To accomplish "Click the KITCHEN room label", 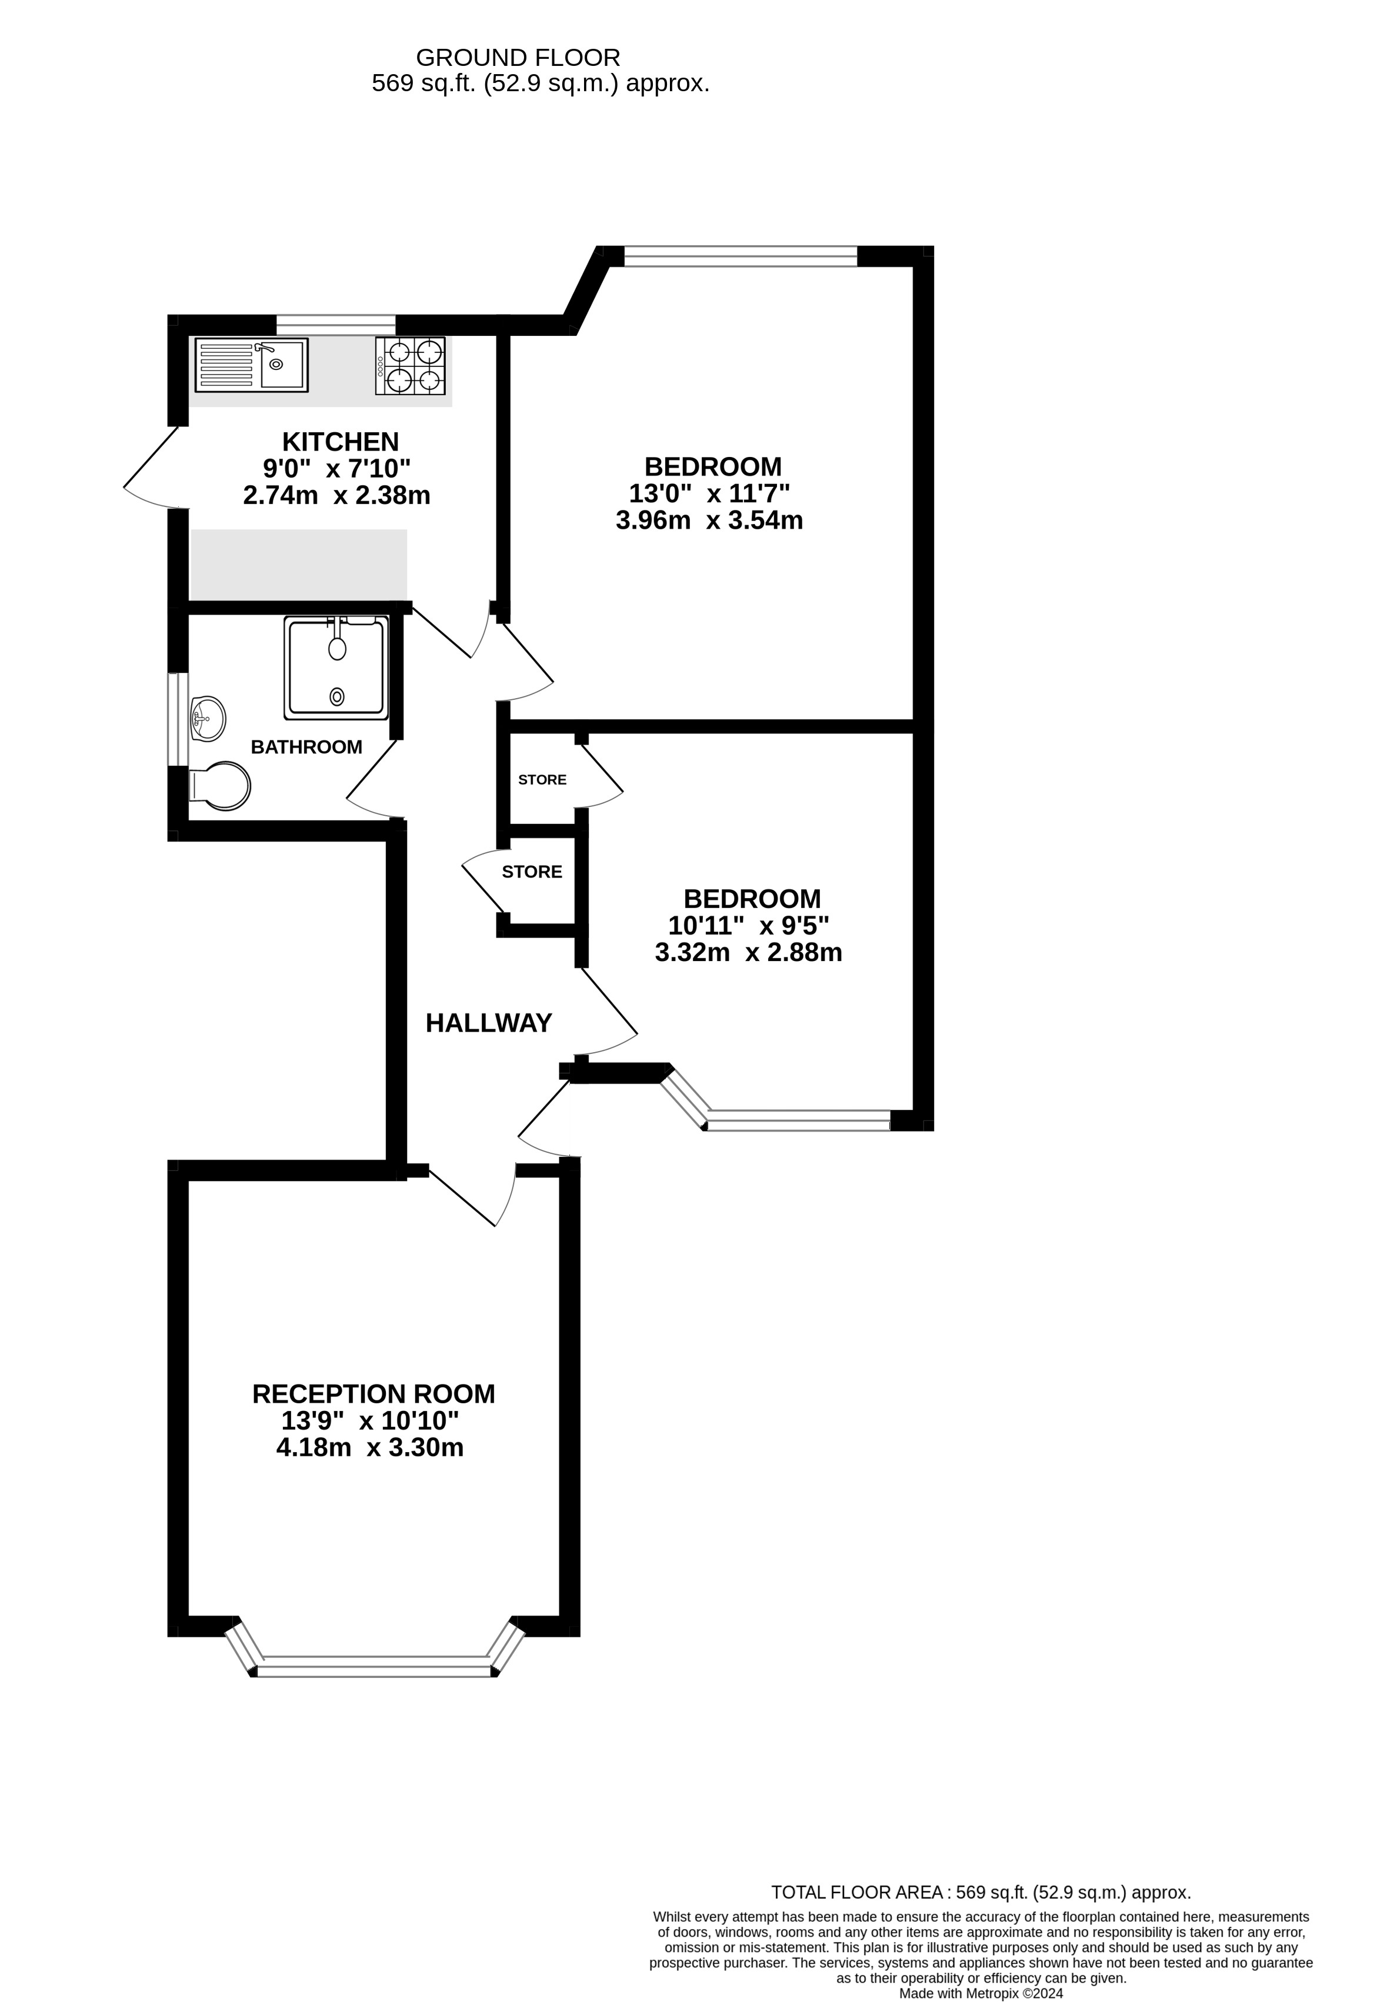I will point(341,442).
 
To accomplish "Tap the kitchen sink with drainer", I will point(251,365).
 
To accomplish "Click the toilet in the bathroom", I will point(221,785).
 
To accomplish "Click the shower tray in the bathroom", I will point(335,668).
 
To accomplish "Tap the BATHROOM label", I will point(306,747).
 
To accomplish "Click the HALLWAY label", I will point(488,1023).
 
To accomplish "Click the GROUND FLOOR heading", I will point(518,58).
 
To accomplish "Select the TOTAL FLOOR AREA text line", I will point(981,1893).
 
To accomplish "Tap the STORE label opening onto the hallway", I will point(532,872).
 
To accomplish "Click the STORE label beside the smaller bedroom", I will point(542,780).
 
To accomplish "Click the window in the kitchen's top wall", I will point(335,325).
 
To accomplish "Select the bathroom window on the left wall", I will point(178,719).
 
